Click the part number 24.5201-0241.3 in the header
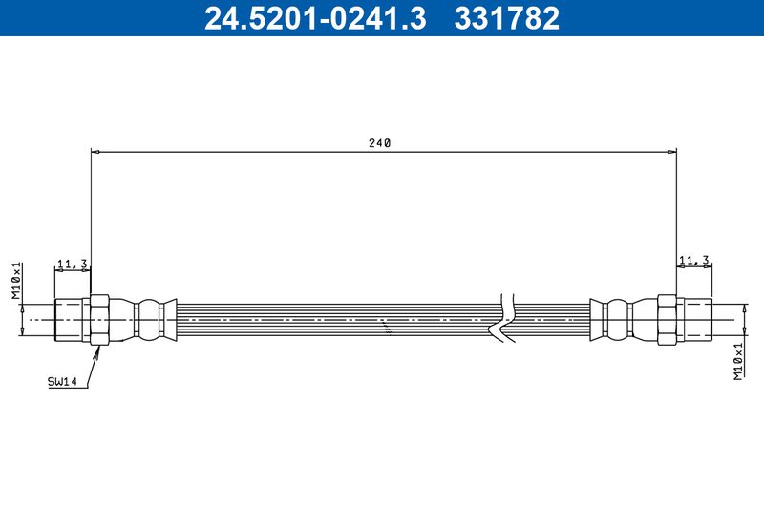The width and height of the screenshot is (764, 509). [x=315, y=17]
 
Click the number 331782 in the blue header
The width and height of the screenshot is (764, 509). [x=508, y=17]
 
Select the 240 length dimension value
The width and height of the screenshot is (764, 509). [x=380, y=142]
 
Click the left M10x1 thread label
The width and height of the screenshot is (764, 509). [x=16, y=282]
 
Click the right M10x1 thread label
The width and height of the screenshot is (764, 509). [x=738, y=362]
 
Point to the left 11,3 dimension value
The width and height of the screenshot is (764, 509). [x=73, y=262]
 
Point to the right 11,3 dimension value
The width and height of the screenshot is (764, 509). [x=693, y=260]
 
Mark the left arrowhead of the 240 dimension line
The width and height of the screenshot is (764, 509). [x=95, y=150]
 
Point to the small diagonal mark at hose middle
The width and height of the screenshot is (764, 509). [x=387, y=328]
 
